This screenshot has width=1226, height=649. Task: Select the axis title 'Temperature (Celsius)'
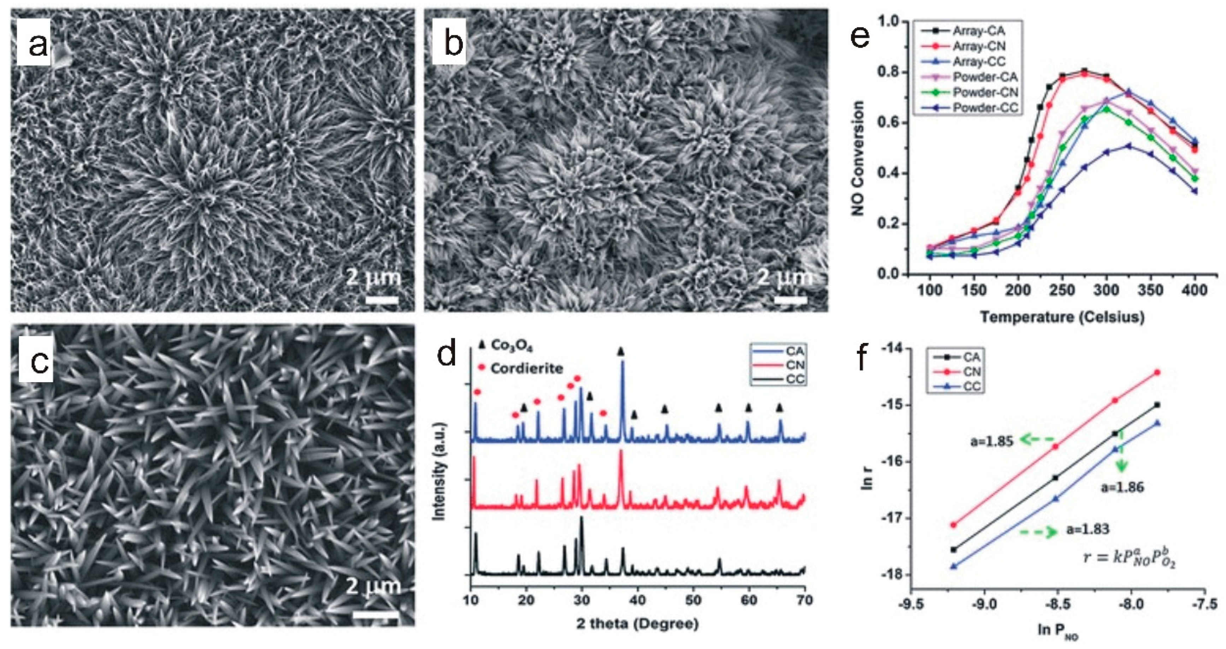point(1062,317)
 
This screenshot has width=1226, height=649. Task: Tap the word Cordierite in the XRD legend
point(526,368)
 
